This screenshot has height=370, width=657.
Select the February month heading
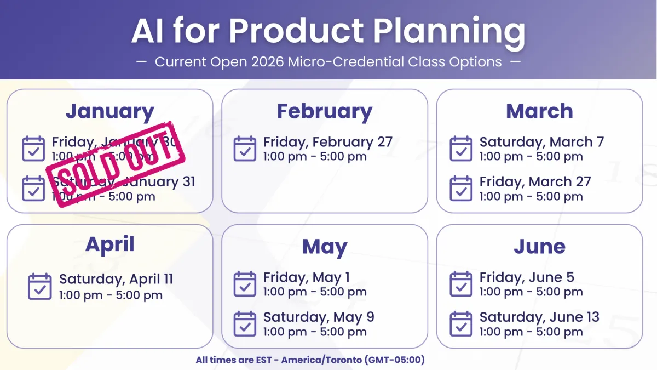(x=324, y=112)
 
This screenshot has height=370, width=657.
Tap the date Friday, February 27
(x=327, y=142)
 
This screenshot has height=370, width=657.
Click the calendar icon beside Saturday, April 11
(x=39, y=286)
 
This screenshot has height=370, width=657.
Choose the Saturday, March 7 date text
(x=541, y=142)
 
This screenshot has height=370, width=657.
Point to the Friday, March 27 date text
(x=535, y=182)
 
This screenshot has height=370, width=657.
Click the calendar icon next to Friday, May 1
(x=245, y=284)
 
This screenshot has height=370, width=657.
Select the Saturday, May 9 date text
(x=319, y=317)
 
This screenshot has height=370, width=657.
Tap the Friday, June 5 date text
(x=527, y=277)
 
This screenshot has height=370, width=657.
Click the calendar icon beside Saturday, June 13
(x=461, y=324)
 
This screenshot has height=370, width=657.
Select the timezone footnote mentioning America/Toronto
(x=310, y=360)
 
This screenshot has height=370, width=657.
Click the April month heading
(x=109, y=244)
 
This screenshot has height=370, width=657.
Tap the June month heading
(x=539, y=247)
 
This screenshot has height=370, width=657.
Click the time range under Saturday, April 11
(x=111, y=295)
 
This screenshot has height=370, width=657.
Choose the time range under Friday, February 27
(x=315, y=157)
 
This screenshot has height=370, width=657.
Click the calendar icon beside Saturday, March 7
(x=461, y=149)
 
